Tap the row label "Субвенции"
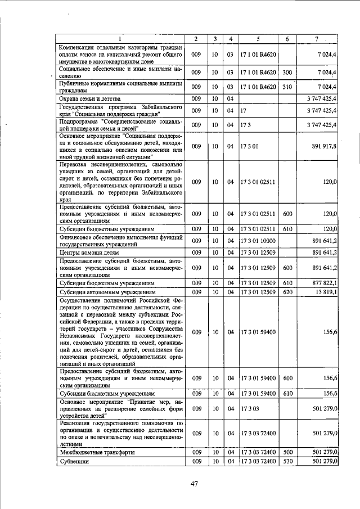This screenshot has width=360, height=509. (x=75, y=461)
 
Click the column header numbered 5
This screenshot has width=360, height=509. (x=258, y=39)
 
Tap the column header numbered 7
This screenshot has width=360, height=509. (x=317, y=39)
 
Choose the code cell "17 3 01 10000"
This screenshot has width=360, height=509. (x=258, y=241)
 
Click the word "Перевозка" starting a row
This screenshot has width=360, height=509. (x=76, y=165)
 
